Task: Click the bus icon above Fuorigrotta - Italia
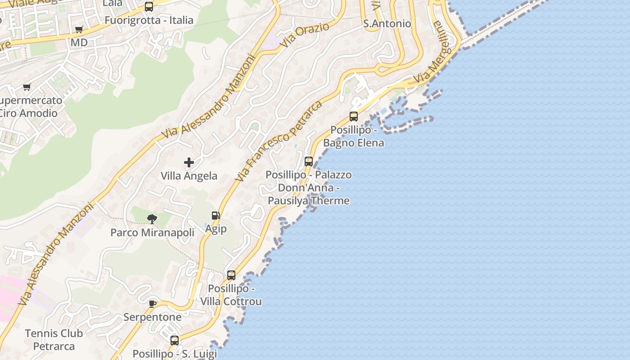[149, 7]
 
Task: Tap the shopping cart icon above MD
[79, 30]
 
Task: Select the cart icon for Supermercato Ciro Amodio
[27, 87]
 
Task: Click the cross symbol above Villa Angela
[189, 162]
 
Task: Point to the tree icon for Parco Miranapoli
[152, 219]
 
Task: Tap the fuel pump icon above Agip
[216, 216]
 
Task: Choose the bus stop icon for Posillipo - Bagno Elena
[354, 117]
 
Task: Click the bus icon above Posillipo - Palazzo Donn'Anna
[309, 161]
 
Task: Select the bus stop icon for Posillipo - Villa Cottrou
[231, 275]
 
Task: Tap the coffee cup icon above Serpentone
[153, 304]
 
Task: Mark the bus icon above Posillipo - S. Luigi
[175, 340]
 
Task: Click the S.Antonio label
[387, 23]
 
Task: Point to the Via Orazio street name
[304, 35]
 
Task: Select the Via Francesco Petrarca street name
[279, 141]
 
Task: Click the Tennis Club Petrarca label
[54, 340]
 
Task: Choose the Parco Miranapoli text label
[153, 233]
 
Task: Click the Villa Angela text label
[189, 176]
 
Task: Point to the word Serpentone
[153, 317]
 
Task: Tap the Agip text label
[216, 229]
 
